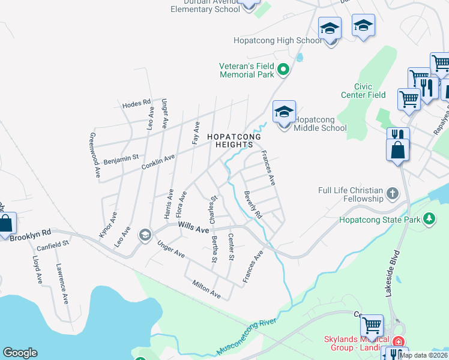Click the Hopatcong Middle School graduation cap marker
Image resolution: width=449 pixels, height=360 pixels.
[x=285, y=112]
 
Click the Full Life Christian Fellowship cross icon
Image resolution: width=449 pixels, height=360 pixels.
[x=392, y=193]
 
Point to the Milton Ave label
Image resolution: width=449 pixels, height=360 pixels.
[x=206, y=289]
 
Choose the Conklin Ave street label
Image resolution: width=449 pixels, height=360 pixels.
[x=158, y=161]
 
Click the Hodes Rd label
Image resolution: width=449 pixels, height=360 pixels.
[x=136, y=104]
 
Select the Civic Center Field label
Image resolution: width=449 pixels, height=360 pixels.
[x=363, y=91]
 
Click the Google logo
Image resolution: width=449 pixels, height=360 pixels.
[x=20, y=353]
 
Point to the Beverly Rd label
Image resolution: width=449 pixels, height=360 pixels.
[x=253, y=205]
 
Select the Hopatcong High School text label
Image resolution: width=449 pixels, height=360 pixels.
[x=278, y=40]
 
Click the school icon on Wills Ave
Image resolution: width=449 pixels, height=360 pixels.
[x=145, y=235]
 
